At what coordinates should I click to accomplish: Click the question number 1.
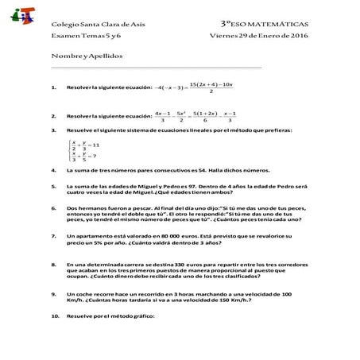pyautogui.click(x=52, y=87)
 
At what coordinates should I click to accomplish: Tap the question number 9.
pyautogui.click(x=52, y=294)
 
